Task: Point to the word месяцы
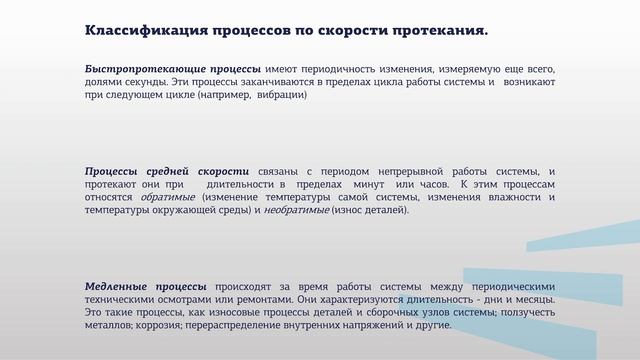[533, 300]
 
